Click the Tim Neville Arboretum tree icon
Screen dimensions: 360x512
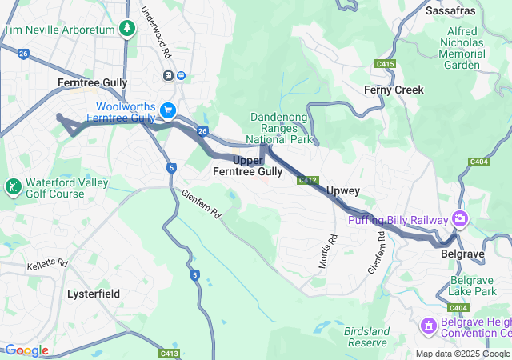coord(126,29)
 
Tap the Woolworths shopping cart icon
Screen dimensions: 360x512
coord(168,110)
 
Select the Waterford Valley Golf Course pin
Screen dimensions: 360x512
coord(13,187)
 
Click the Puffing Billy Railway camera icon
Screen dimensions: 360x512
coord(459,218)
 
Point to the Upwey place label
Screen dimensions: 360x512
coord(343,192)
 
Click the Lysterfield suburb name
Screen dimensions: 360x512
coord(94,294)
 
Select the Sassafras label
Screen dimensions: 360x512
coord(450,11)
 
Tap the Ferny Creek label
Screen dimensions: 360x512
coord(394,90)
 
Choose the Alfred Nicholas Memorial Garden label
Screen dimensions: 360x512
coord(462,47)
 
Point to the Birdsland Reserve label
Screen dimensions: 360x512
coord(366,336)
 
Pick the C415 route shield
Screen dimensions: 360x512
coord(386,63)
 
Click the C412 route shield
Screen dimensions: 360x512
coord(309,181)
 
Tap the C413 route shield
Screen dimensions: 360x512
coord(169,353)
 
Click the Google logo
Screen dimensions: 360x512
coord(26,350)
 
